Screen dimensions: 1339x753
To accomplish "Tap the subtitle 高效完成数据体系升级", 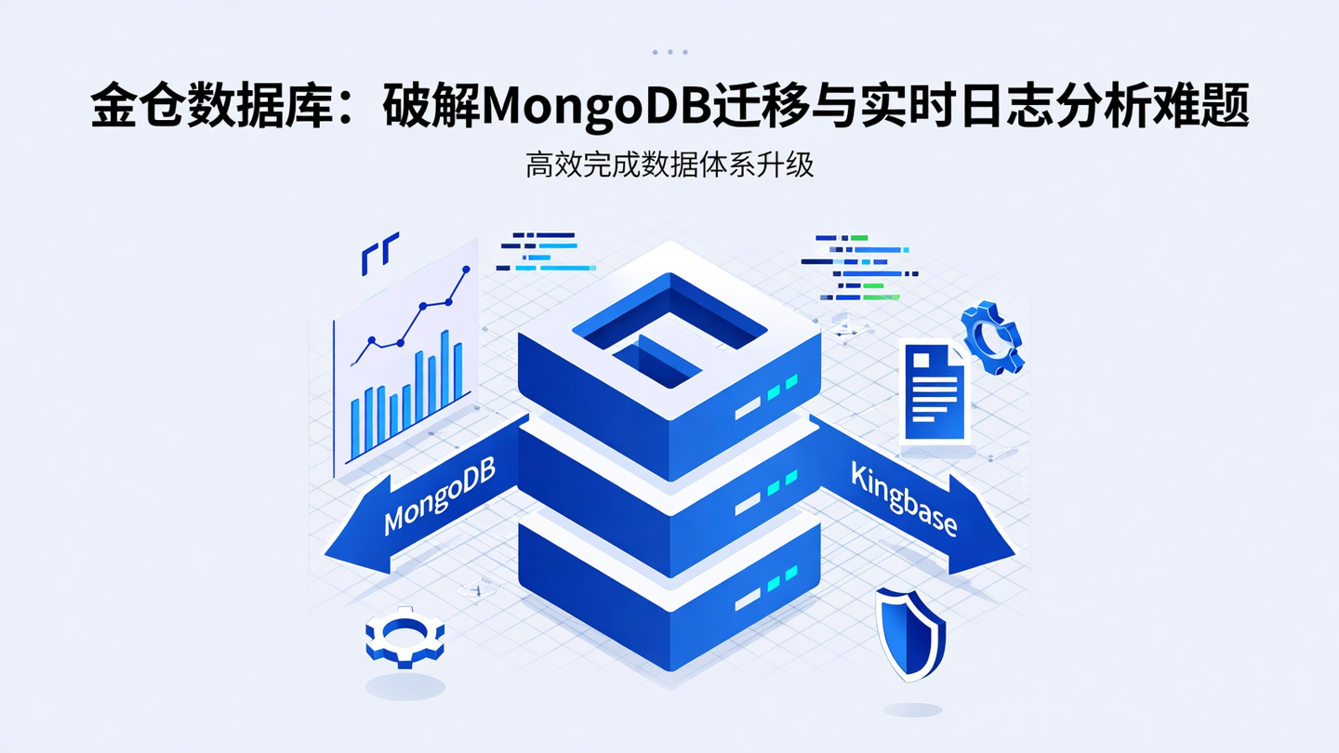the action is pos(669,165).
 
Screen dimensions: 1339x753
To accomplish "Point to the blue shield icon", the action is pos(910,633).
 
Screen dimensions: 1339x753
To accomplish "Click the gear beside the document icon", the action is pos(993,337).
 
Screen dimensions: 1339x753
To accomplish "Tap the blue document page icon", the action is pos(935,391).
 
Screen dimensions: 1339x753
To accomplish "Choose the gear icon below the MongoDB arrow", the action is pos(404,636).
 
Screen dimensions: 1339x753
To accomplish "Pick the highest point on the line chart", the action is pos(466,270).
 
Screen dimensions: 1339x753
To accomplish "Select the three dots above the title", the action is pos(669,52).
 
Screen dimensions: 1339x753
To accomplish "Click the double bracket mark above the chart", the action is pos(379,253).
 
